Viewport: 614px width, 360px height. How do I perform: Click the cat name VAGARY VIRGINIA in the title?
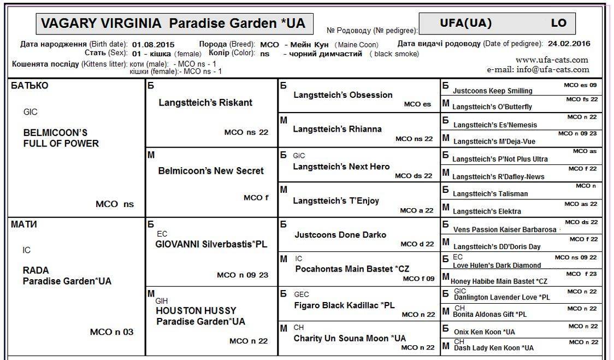(x=102, y=23)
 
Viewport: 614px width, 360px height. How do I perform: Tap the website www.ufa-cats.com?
(x=552, y=60)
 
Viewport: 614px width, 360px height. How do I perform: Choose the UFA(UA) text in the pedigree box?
(x=465, y=23)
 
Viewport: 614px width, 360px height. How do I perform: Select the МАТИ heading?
(x=24, y=224)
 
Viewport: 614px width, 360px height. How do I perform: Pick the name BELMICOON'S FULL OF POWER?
(x=61, y=138)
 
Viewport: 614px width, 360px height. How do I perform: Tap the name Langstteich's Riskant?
(x=205, y=103)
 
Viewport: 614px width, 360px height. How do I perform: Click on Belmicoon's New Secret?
(x=210, y=171)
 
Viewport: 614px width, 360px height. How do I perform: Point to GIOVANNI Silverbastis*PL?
(x=211, y=244)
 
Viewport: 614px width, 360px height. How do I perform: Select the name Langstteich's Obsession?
(x=343, y=95)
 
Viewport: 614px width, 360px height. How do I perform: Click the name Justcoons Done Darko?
(x=340, y=235)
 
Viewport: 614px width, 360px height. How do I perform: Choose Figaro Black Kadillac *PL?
(x=344, y=305)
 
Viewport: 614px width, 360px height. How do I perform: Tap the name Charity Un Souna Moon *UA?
(x=350, y=339)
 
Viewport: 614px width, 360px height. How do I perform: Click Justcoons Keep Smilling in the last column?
(x=492, y=91)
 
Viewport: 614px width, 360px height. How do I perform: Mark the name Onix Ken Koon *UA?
(x=484, y=332)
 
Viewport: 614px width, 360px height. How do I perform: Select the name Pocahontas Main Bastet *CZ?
(x=352, y=269)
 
